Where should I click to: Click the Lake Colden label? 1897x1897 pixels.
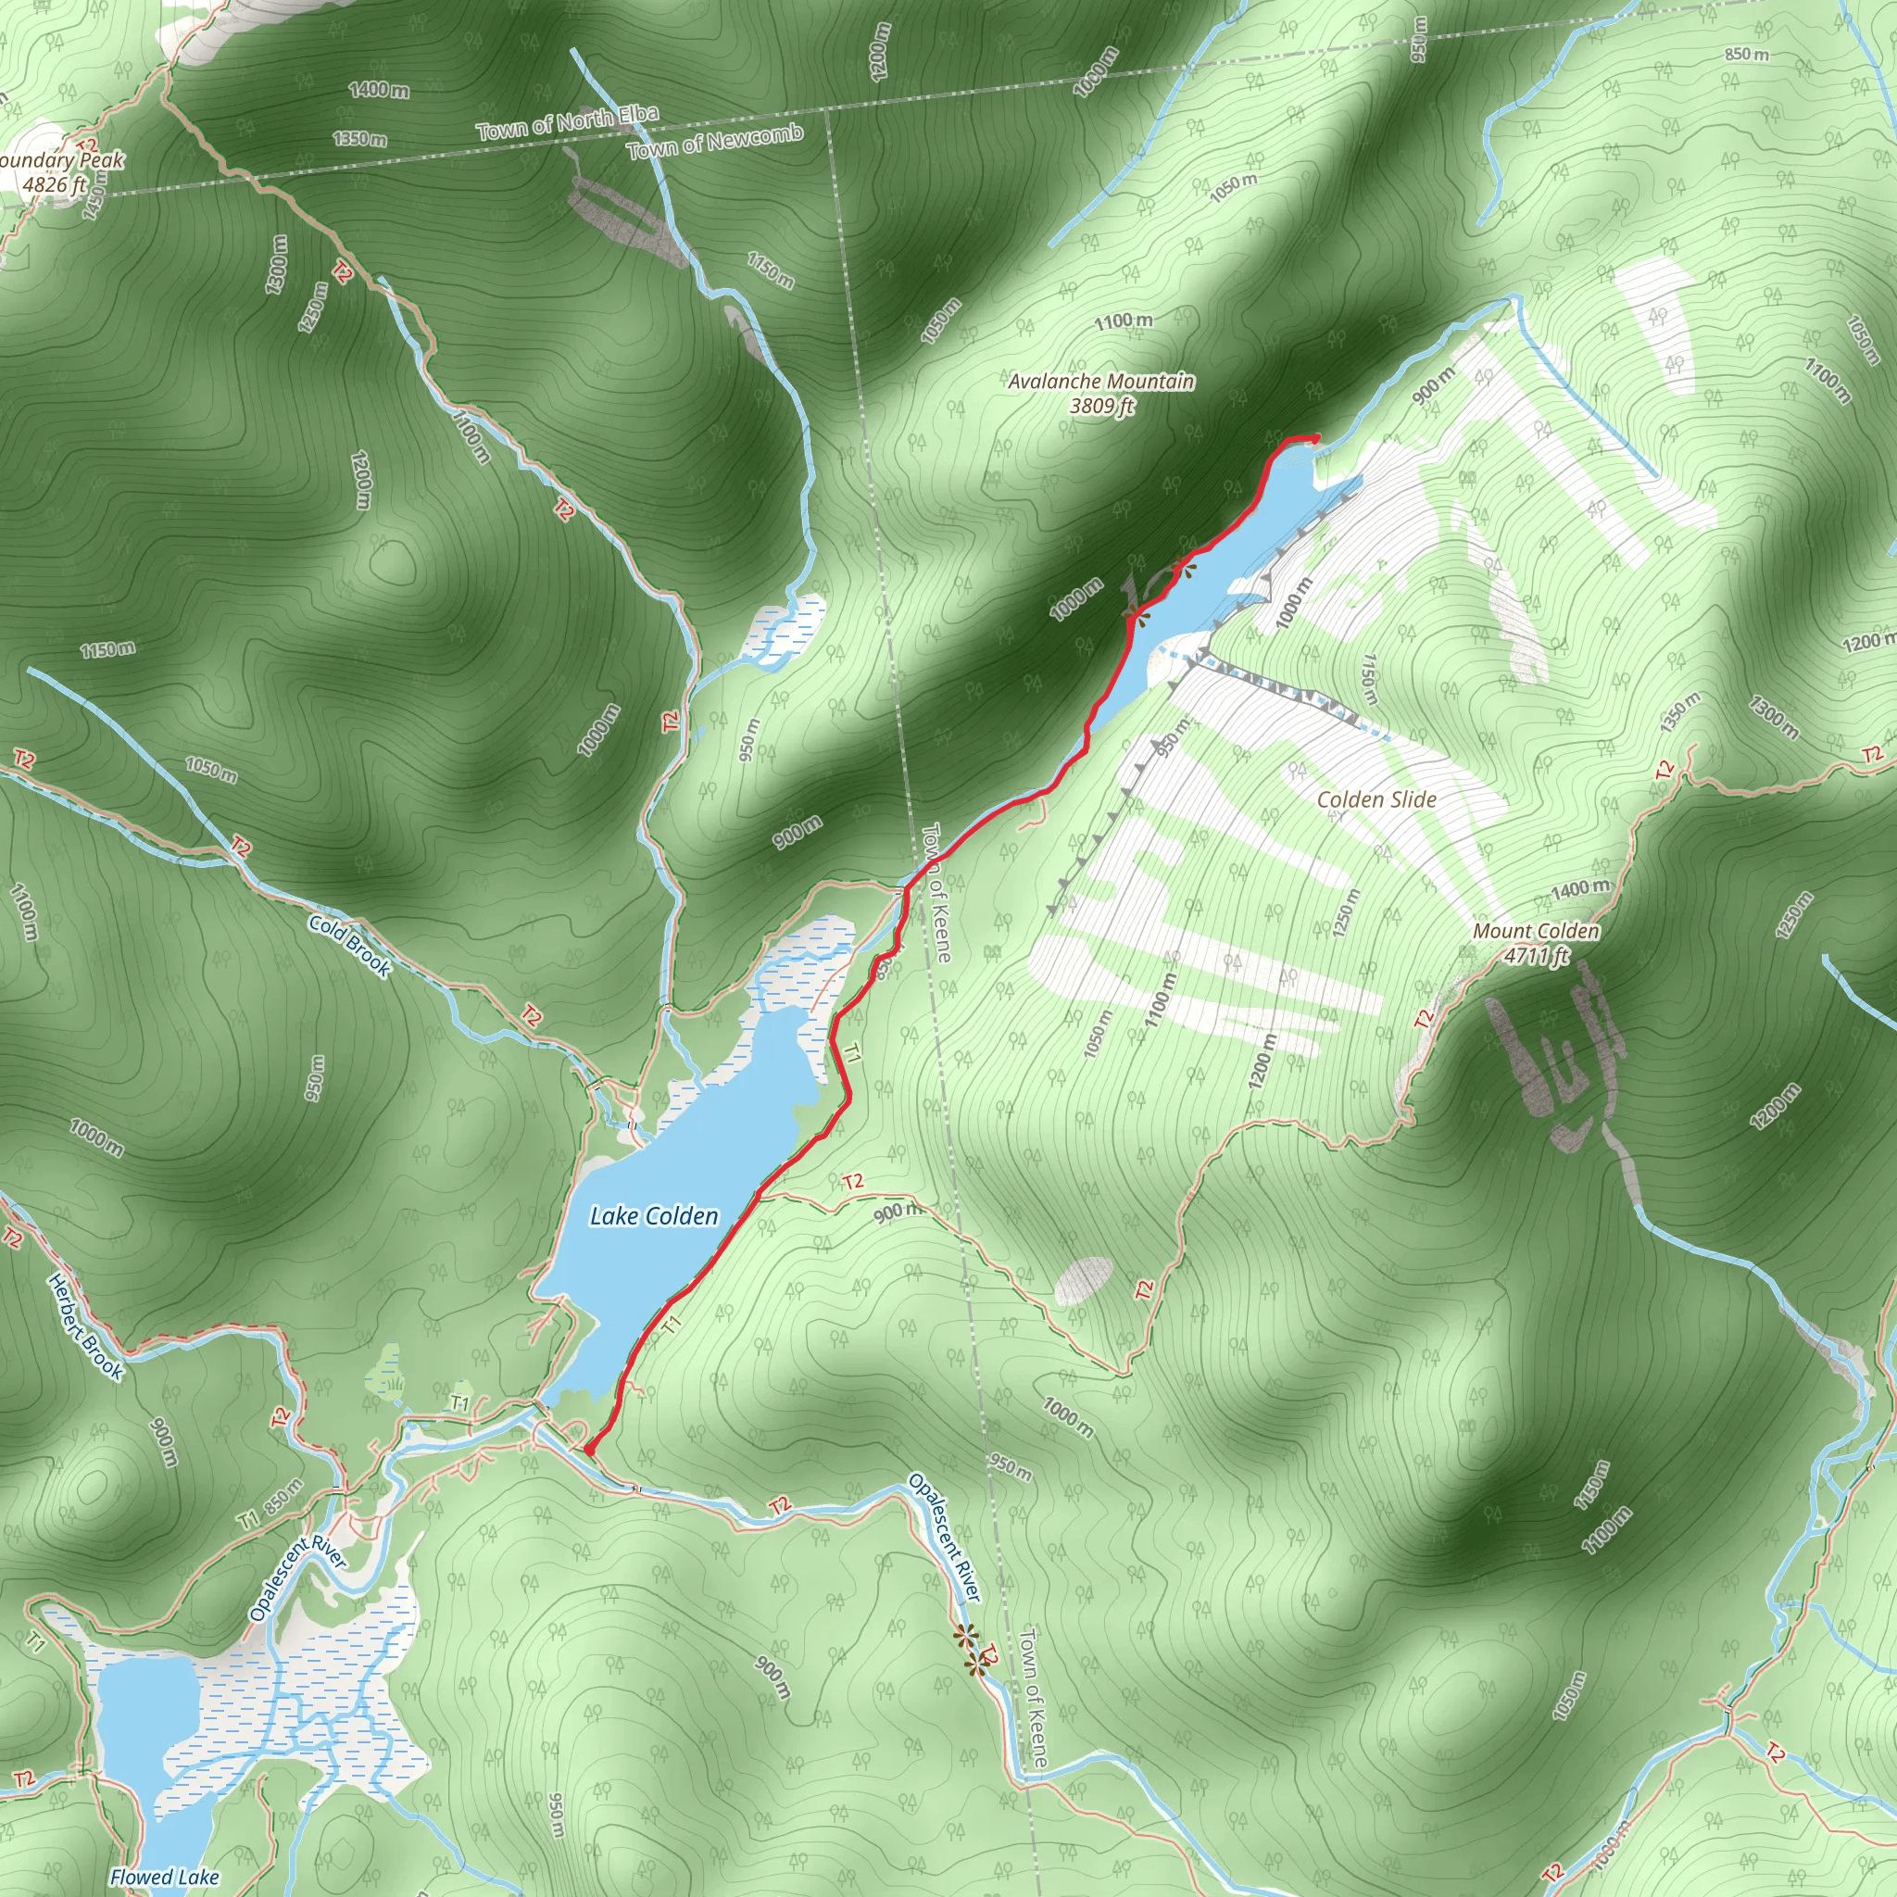(654, 1216)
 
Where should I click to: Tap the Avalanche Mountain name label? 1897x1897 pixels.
(1101, 381)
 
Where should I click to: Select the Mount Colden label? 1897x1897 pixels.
(1536, 931)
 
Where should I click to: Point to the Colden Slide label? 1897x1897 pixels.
(1376, 799)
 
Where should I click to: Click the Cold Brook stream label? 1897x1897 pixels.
(350, 946)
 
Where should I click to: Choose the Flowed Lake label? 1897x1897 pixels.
(164, 1877)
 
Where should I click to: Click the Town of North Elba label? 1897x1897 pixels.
(567, 121)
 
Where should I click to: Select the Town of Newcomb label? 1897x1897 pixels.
(715, 143)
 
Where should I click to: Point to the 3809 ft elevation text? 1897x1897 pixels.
(1101, 406)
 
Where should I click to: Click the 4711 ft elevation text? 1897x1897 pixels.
(1538, 954)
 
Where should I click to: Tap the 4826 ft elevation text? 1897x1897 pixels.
(55, 183)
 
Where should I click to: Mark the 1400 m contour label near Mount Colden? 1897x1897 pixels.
(1581, 888)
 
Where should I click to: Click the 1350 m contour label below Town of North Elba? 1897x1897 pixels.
(359, 138)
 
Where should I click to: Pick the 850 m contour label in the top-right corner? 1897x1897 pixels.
(1747, 54)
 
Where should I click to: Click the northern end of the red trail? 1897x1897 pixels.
(1315, 437)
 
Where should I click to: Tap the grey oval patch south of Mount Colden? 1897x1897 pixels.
(1083, 1279)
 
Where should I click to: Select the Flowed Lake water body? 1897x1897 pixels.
(147, 1728)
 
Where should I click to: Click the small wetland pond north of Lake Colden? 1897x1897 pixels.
(785, 627)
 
